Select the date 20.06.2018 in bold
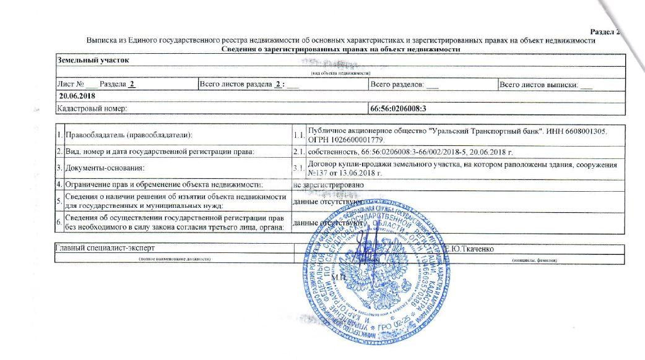(74, 97)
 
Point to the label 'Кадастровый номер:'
(92, 108)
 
